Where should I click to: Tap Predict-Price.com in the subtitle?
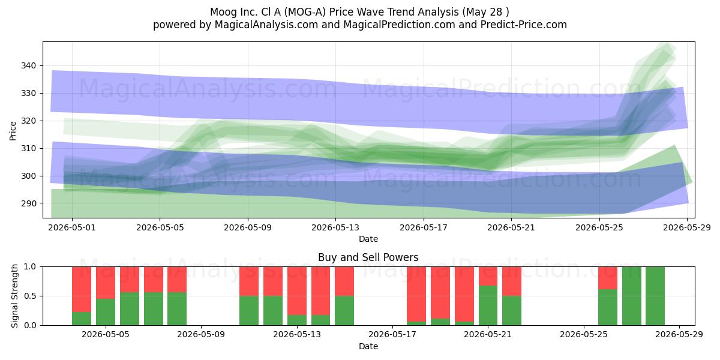point(524,25)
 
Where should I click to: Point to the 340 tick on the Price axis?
point(28,65)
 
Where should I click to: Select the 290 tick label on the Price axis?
point(28,203)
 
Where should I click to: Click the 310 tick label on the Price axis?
point(28,149)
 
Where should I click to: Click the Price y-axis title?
point(13,131)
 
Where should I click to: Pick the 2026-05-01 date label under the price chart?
point(72,227)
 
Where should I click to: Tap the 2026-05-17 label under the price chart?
point(424,227)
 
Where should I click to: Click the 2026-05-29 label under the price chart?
point(687,227)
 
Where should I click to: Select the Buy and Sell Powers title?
point(368,257)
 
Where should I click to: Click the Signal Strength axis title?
point(14,296)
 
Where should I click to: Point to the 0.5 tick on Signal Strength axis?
point(30,296)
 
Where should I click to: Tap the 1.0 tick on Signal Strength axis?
point(30,267)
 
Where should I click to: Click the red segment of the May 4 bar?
point(82,289)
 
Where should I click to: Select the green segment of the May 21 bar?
point(488,305)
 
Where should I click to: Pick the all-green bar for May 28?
point(655,296)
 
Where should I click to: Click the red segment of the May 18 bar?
point(416,294)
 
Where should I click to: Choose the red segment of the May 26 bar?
point(607,278)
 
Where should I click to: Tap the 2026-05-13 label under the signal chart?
point(296,335)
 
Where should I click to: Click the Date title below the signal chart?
point(368,347)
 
